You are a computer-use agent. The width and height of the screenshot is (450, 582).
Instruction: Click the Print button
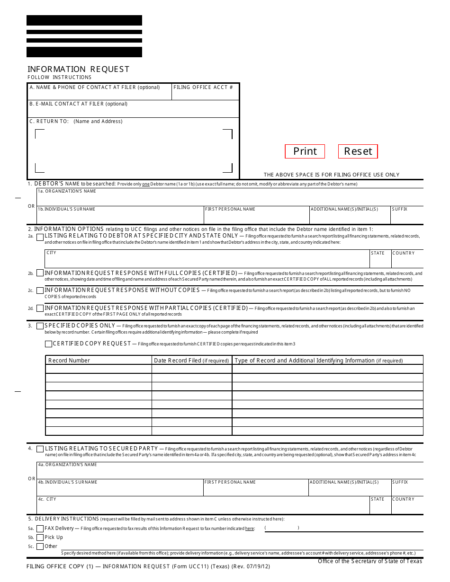tap(305, 151)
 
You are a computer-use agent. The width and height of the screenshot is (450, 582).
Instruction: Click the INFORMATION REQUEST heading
tap(78, 69)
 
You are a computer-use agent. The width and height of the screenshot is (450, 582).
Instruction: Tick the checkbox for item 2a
tap(40, 236)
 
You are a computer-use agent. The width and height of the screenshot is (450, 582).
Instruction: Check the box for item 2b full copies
tap(40, 273)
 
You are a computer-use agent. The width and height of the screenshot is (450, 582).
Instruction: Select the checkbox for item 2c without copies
tap(40, 291)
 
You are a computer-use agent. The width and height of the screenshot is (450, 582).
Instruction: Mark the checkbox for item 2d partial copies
tap(40, 308)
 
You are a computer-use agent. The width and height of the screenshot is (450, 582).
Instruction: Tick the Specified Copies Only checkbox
tap(40, 326)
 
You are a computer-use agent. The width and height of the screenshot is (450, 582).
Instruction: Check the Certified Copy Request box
tap(48, 344)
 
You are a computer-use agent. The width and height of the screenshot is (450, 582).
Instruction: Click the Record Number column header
tap(69, 361)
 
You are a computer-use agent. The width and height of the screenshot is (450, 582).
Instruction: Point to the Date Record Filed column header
tap(191, 361)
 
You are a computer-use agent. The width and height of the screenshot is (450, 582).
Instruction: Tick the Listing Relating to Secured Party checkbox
tap(40, 449)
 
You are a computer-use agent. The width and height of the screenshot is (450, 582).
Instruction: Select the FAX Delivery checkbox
tap(40, 529)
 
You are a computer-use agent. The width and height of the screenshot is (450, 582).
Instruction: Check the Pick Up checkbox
tap(40, 538)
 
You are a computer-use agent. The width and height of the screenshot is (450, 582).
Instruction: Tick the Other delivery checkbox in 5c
tap(40, 547)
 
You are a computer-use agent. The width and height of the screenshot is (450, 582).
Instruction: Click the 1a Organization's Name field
tap(230, 198)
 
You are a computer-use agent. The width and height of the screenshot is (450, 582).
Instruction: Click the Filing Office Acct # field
tap(205, 95)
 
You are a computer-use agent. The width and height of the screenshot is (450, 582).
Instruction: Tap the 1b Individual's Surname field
tap(120, 217)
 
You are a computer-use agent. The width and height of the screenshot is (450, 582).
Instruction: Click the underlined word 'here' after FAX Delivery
tap(250, 529)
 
